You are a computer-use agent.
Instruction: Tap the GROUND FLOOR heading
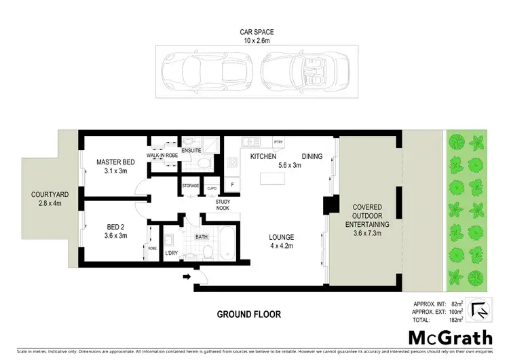tap(248, 314)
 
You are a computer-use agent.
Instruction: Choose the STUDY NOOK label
tap(224, 205)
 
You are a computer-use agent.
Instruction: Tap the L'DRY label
tap(170, 253)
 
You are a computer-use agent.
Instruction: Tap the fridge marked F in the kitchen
tap(233, 183)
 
